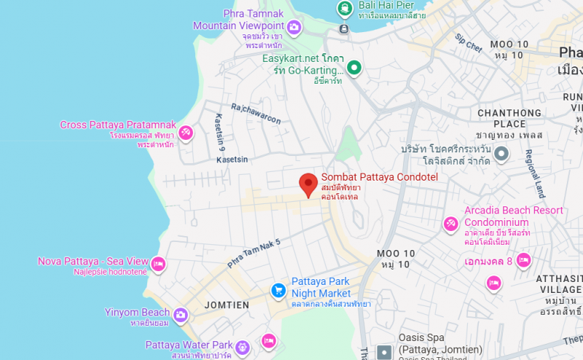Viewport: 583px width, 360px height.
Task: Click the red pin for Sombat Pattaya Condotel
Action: coord(309,184)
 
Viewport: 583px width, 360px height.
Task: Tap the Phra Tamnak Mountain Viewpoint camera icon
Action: coord(294,28)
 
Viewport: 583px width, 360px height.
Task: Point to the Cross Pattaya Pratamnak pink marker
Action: coord(186,133)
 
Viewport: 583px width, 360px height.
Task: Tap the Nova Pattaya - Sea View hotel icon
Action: coord(158,263)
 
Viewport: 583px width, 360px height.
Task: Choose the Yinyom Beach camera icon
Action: coord(180,315)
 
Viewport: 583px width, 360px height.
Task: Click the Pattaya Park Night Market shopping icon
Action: coord(278,290)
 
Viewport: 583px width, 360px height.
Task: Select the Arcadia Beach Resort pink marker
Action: coord(451,222)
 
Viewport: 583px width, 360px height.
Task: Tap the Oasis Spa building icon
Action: coord(384,353)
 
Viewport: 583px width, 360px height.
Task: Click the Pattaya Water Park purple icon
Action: coord(243,345)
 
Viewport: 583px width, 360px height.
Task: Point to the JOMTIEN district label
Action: coord(227,305)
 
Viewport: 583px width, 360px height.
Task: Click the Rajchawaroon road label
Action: coord(256,114)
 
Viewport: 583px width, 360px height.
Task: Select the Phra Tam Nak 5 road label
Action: coord(254,251)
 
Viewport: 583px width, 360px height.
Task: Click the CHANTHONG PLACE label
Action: coord(509,118)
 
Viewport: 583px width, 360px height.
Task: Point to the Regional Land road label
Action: coord(534,174)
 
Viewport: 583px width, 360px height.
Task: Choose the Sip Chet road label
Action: coord(468,43)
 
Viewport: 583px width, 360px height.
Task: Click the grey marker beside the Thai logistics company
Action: coord(501,154)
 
